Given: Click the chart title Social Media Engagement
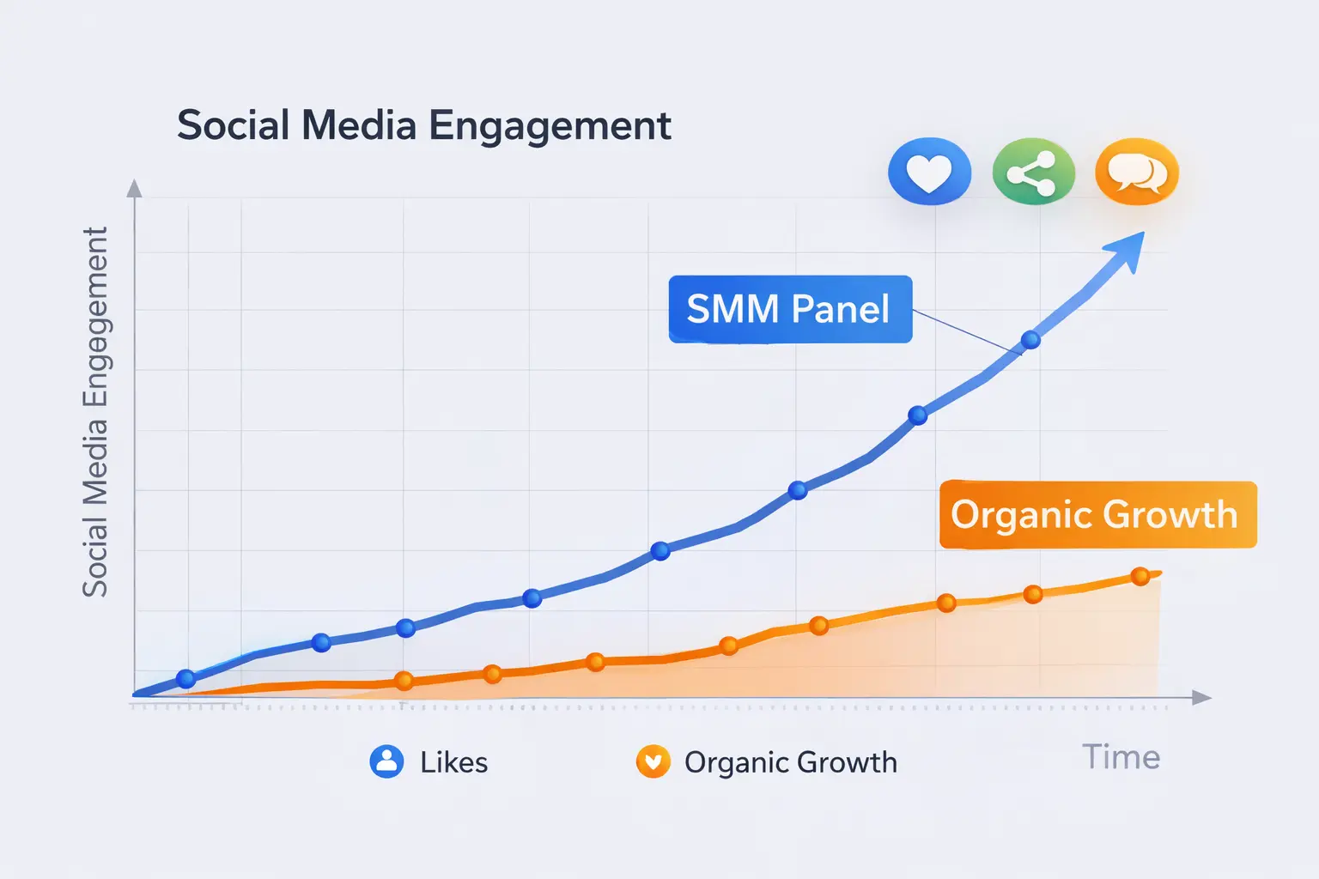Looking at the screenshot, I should (423, 125).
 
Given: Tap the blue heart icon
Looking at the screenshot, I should (929, 172).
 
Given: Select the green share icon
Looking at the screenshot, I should (1033, 172).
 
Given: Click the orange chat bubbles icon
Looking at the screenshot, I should (1137, 172).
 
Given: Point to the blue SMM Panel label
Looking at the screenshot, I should (789, 309).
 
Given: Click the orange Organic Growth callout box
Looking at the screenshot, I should (1097, 514).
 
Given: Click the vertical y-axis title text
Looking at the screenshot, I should (95, 412).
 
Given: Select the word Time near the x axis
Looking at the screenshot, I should (1121, 757).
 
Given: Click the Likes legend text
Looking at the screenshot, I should (453, 762).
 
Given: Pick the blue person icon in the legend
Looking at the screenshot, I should (386, 761).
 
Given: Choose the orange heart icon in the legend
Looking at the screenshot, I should (653, 761).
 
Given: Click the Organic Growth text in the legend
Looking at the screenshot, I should (790, 762).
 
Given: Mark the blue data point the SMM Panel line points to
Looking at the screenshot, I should (1030, 340).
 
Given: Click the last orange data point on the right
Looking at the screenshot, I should (1140, 576).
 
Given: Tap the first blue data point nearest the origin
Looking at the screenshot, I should (185, 679).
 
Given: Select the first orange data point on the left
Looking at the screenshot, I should (404, 681).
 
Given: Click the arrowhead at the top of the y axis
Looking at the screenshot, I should (134, 188).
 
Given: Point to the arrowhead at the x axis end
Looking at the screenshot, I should (1202, 698).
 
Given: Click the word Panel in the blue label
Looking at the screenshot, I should (839, 309).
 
